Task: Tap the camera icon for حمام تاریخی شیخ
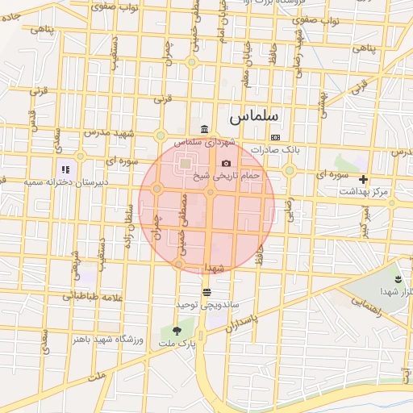tap(226, 163)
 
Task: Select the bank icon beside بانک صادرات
tap(275, 137)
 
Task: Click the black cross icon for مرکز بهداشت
tap(363, 179)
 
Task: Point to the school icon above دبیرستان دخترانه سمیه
tap(65, 169)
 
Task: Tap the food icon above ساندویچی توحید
tap(207, 292)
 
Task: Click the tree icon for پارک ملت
tap(177, 332)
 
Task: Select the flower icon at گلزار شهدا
tap(397, 278)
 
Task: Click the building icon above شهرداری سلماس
tap(204, 130)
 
